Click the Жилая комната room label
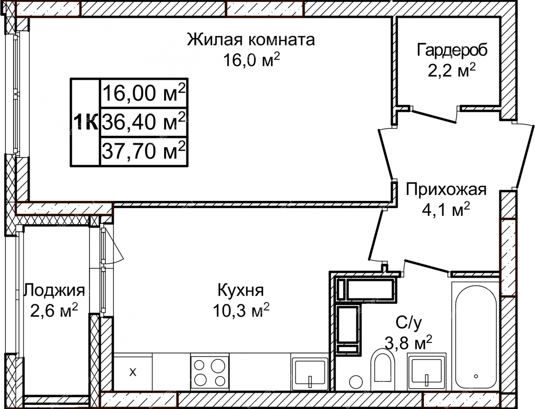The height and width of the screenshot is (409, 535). click(x=251, y=40)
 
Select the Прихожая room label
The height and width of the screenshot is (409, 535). click(x=446, y=190)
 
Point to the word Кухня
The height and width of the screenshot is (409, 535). click(x=241, y=290)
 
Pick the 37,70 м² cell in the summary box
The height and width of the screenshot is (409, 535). click(x=144, y=151)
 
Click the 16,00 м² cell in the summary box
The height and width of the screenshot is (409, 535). click(x=144, y=93)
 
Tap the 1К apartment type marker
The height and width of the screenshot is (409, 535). click(x=86, y=122)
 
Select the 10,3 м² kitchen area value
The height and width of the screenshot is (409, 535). click(x=241, y=310)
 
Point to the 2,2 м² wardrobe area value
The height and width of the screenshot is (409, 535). click(x=451, y=70)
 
